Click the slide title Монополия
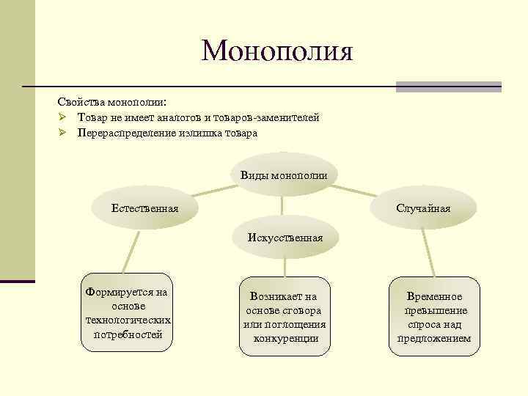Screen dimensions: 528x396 [x=277, y=51]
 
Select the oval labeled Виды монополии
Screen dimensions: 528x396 [x=283, y=175]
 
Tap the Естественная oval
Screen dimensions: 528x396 [x=144, y=209]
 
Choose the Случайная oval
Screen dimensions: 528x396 [x=423, y=209]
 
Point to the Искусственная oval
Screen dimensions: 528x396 [x=285, y=238]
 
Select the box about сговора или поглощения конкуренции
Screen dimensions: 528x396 [x=285, y=318]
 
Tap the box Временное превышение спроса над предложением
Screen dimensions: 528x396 [x=433, y=318]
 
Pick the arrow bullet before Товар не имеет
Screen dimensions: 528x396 [x=64, y=117]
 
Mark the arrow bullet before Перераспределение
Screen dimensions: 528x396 [x=64, y=133]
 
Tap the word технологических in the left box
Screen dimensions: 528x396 [x=128, y=320]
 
